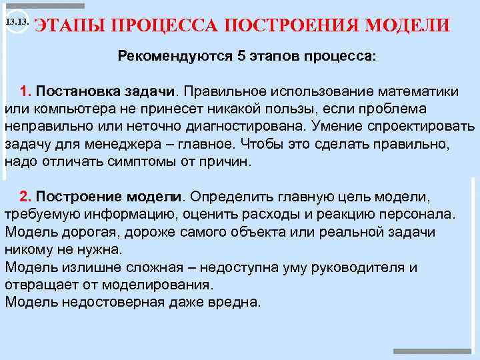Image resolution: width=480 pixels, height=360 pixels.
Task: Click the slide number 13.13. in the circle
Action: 16,23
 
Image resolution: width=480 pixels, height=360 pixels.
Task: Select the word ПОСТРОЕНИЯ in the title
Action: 294,25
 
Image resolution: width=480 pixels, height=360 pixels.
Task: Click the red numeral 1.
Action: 25,91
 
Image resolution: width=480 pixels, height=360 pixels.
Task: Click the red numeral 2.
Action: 25,197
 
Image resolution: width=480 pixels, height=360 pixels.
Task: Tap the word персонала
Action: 415,215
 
